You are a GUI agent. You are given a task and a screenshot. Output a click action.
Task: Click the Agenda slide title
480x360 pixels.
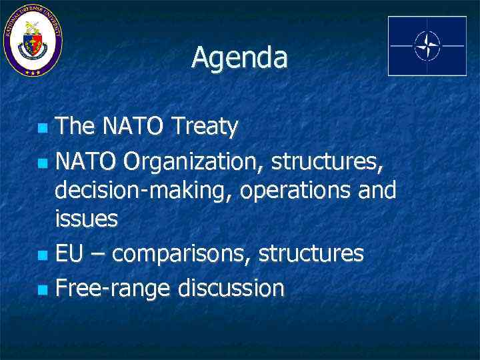point(239,58)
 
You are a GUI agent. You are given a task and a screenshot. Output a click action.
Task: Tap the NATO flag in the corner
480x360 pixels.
point(427,45)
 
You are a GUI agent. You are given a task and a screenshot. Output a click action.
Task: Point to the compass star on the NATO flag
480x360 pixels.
point(427,45)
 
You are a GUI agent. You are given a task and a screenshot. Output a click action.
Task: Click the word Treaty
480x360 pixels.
point(204,126)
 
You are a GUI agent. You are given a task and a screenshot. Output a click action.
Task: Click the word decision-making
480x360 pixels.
point(143,190)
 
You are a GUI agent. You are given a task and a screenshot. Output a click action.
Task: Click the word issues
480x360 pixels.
point(86,219)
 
